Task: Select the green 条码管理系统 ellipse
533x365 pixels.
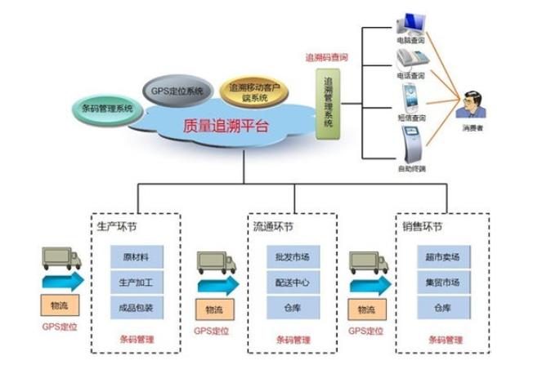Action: click(x=108, y=107)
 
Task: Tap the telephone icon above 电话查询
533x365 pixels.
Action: click(x=410, y=59)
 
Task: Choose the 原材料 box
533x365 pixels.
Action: click(x=137, y=257)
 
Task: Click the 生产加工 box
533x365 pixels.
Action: click(x=137, y=283)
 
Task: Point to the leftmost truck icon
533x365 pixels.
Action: click(x=61, y=258)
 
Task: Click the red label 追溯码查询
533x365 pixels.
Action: click(x=327, y=58)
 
